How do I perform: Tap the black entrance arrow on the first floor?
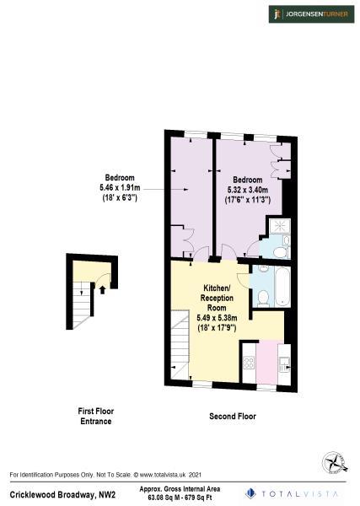coord(102,289)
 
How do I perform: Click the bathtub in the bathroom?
coord(282,288)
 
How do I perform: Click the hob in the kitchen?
coord(250,363)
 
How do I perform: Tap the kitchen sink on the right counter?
coord(284,363)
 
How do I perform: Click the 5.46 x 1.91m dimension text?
coord(119,186)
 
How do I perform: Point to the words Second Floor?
coord(232,417)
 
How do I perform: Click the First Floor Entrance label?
coord(95,416)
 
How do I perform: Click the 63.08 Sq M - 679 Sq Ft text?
coord(181,498)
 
